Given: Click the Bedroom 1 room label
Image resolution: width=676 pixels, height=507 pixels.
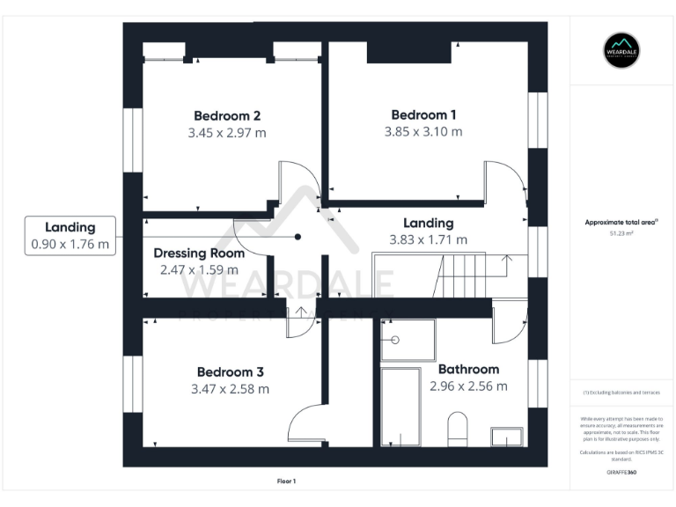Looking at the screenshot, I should pyautogui.click(x=423, y=114).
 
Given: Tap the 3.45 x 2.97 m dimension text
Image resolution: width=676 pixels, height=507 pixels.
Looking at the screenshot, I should pyautogui.click(x=226, y=133).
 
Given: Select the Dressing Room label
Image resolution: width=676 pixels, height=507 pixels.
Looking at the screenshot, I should pyautogui.click(x=199, y=253).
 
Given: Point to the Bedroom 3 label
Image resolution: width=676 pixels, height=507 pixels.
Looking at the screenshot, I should pyautogui.click(x=230, y=371).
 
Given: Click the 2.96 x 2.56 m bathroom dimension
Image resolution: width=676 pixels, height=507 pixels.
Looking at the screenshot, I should pyautogui.click(x=468, y=386).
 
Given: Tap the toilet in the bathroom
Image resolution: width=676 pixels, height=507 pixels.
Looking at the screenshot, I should pyautogui.click(x=458, y=429).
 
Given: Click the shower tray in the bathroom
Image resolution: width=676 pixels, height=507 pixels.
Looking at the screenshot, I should pyautogui.click(x=407, y=340).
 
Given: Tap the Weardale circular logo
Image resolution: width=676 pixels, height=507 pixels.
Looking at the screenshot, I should pyautogui.click(x=621, y=50).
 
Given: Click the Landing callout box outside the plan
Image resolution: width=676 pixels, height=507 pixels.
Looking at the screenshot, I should pyautogui.click(x=70, y=236).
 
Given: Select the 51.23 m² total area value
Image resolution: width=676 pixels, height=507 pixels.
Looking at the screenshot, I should pyautogui.click(x=621, y=234).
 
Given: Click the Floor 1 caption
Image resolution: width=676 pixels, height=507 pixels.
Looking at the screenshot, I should pyautogui.click(x=286, y=481).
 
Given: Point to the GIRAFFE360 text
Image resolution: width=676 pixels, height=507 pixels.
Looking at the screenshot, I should pyautogui.click(x=621, y=473).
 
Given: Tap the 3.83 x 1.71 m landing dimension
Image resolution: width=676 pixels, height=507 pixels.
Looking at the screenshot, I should pyautogui.click(x=429, y=239).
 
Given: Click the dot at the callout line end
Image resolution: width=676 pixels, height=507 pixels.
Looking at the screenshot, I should pyautogui.click(x=298, y=237).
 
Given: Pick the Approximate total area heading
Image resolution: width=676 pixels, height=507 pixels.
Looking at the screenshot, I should pyautogui.click(x=621, y=223).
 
